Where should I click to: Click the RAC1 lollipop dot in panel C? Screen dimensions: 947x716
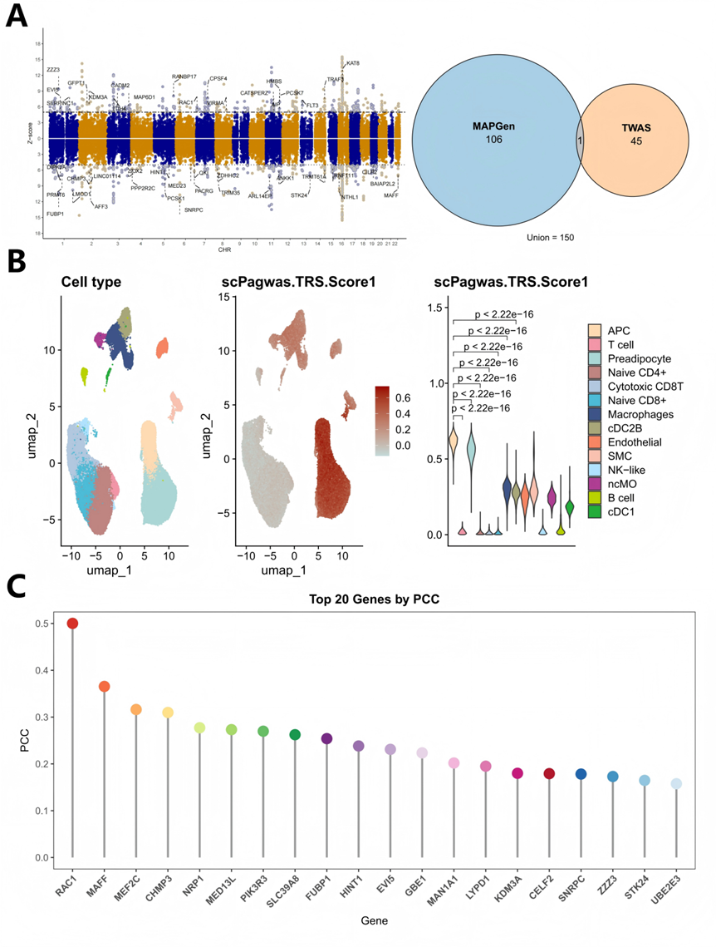[x=73, y=624]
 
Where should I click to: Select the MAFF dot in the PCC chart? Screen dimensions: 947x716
[x=105, y=687]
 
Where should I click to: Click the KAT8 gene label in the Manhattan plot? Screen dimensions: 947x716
[x=353, y=64]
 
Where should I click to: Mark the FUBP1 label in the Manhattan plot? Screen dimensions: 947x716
[x=56, y=215]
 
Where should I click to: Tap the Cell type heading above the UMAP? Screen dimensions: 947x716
[x=91, y=282]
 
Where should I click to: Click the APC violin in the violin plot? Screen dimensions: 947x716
[x=454, y=441]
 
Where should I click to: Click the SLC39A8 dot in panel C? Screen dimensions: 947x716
[x=295, y=735]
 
